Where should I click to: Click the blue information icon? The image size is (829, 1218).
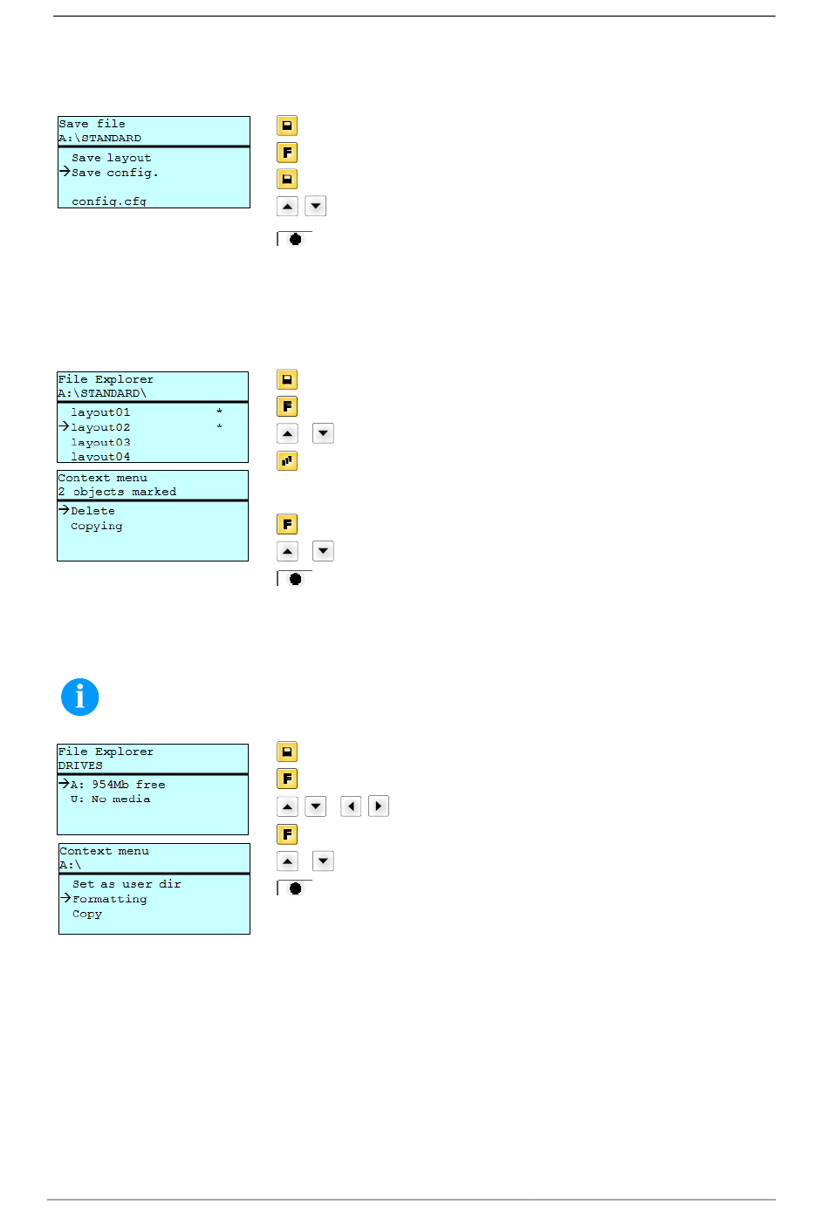point(80,697)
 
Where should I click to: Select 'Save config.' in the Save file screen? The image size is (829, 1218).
point(114,173)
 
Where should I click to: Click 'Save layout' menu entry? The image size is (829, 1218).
point(111,158)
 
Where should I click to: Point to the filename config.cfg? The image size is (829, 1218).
point(109,201)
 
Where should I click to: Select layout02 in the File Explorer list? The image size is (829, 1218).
point(100,427)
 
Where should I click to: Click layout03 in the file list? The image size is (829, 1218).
point(100,442)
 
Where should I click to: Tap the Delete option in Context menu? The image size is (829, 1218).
point(92,511)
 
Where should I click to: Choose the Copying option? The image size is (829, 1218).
point(96,526)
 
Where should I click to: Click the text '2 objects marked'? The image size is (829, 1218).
point(117,492)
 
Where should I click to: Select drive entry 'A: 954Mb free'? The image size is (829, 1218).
point(118,785)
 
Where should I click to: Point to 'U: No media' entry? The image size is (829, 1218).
point(110,799)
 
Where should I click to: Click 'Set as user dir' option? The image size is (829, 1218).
point(127,884)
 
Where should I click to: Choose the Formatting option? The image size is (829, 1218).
point(109,899)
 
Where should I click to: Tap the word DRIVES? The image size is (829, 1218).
point(80,766)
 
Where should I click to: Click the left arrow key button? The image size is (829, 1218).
point(351,806)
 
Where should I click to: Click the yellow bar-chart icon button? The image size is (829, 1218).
point(287,460)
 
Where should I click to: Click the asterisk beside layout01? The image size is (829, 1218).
point(219,412)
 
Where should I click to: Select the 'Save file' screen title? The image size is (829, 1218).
point(92,124)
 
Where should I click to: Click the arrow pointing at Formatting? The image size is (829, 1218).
point(65,898)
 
